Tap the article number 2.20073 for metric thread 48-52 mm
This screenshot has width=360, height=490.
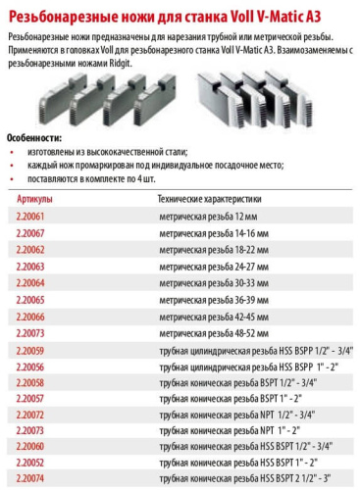click(30, 333)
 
